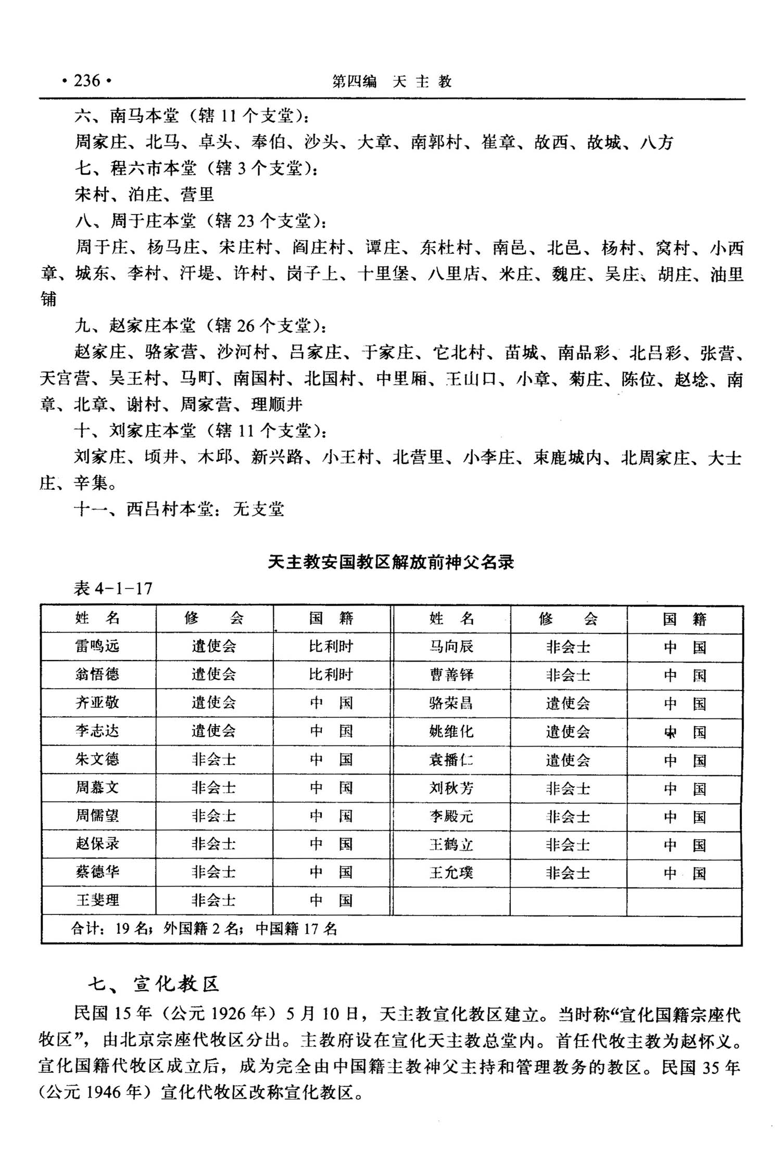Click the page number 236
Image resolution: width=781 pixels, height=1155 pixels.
86,81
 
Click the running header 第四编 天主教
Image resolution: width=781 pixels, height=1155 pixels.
392,81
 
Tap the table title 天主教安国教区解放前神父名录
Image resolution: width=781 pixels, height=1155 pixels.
391,562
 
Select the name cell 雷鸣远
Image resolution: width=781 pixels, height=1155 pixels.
97,647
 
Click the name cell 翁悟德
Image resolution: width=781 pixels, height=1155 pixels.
97,675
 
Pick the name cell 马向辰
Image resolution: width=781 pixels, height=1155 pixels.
451,647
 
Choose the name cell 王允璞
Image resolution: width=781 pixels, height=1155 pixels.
451,872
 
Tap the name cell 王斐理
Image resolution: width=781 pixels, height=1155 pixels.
97,900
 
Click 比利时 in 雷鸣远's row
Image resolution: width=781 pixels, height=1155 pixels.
331,647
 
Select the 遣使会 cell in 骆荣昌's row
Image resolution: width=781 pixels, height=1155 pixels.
568,703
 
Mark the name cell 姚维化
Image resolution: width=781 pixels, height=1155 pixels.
451,731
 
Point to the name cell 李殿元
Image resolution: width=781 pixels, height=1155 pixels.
451,816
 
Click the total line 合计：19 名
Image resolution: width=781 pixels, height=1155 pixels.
204,928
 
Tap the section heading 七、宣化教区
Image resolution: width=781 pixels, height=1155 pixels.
154,984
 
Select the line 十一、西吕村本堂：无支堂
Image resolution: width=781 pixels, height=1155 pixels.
180,509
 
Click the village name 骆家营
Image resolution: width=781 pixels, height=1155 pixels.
171,353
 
